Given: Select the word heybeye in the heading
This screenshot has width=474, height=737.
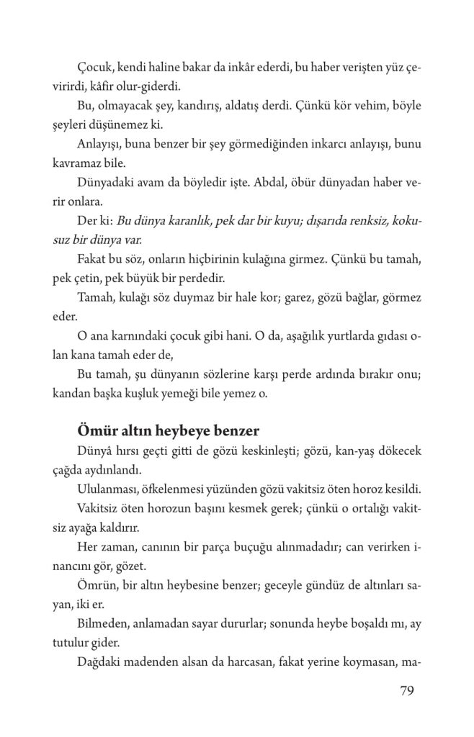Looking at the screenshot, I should [173, 432].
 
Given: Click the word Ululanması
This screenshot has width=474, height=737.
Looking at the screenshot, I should [108, 489].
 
